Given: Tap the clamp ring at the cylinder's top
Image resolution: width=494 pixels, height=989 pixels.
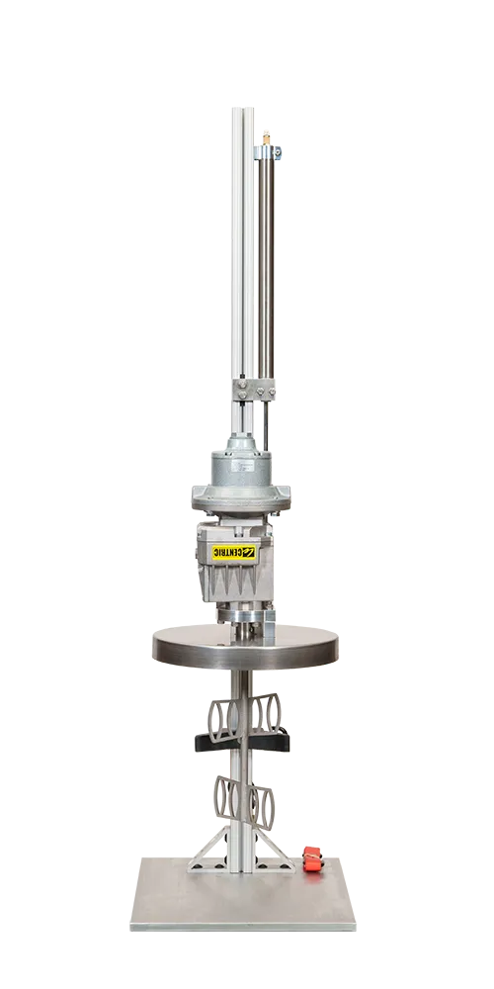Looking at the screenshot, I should (268, 151).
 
